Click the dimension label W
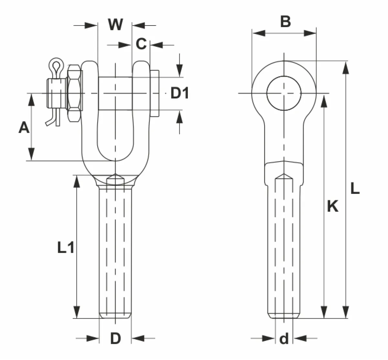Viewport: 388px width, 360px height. [x=115, y=25]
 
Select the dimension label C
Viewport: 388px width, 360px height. [x=141, y=44]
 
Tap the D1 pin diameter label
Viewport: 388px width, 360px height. [x=179, y=93]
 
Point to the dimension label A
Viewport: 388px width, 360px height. [x=24, y=127]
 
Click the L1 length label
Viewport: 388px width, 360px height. [x=66, y=248]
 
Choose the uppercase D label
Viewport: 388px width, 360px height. [x=116, y=338]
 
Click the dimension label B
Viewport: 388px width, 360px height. [x=286, y=22]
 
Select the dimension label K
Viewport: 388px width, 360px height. [x=333, y=206]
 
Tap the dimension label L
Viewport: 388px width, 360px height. [x=355, y=188]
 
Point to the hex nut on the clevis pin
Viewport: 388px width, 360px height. [x=74, y=93]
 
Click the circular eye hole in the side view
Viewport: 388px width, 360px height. [x=284, y=93]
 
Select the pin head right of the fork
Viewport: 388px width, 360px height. [x=155, y=93]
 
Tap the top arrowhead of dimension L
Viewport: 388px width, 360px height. [x=346, y=68]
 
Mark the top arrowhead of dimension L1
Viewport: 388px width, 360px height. [x=77, y=182]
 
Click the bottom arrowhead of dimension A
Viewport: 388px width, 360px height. [x=31, y=154]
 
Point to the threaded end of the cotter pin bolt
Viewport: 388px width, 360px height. [x=57, y=93]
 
